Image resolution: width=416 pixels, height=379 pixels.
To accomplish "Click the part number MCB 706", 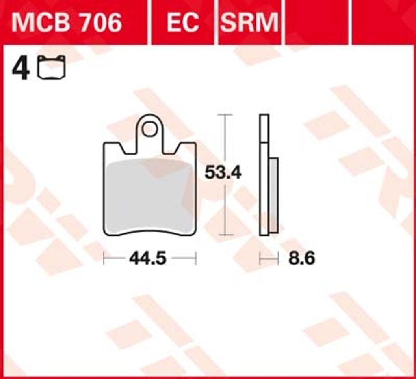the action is click(67, 23).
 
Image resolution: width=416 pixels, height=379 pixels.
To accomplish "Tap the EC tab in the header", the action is click(183, 23).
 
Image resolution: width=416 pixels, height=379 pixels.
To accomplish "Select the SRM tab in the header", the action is click(249, 23).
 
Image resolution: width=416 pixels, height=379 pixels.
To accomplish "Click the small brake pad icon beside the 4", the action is click(51, 67).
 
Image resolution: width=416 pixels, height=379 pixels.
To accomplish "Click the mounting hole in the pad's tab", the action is click(149, 129).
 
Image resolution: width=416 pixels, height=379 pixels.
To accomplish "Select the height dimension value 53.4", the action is click(223, 172).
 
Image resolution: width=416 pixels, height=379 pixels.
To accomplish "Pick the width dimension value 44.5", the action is click(148, 258).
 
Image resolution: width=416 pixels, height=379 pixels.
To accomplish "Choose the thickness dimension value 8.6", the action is click(302, 258).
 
